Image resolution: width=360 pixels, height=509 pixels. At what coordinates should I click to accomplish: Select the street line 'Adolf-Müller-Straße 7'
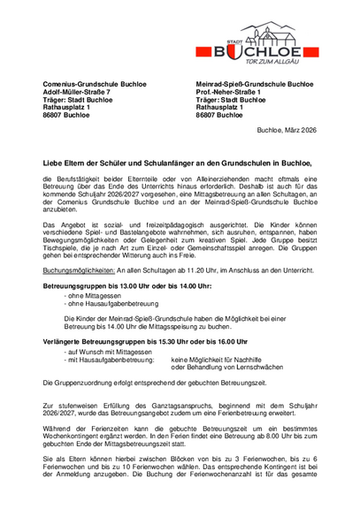(77, 92)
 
